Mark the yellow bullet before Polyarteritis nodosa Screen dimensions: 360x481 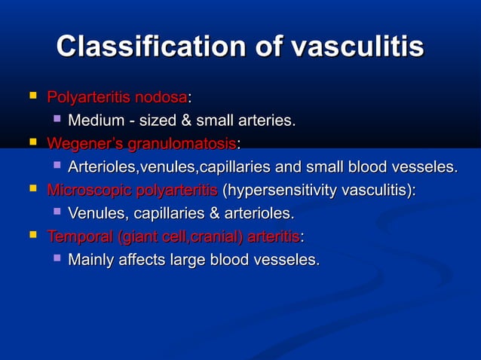(x=32, y=96)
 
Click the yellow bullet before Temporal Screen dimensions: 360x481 (x=32, y=236)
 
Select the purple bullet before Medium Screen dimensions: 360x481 (x=56, y=119)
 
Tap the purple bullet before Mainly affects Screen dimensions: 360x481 (x=56, y=259)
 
